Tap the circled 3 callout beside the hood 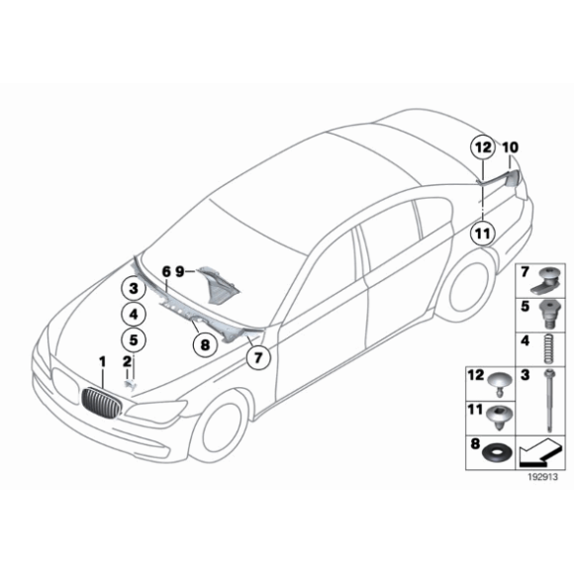coord(133,289)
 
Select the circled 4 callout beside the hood coord(133,314)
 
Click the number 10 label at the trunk coord(510,147)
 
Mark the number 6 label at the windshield coord(165,270)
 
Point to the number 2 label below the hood coord(127,361)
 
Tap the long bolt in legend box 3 coord(545,399)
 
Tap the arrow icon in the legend coord(540,451)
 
